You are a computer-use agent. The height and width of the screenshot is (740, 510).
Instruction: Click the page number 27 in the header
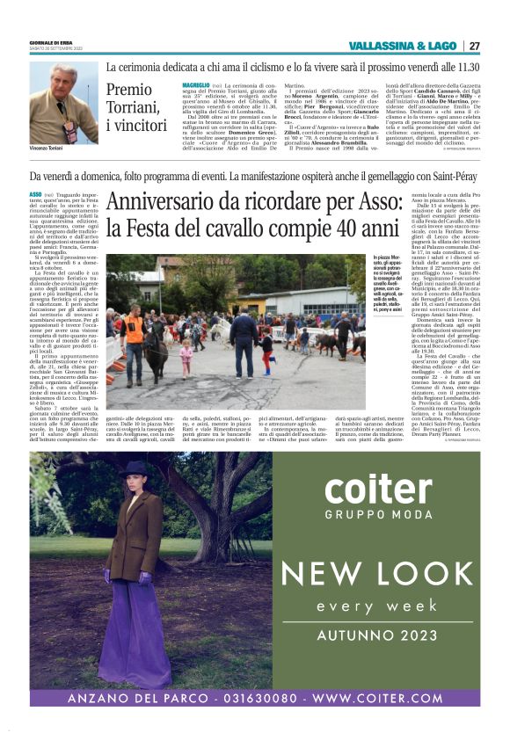[474, 46]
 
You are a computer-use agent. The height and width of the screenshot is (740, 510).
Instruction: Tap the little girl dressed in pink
[186, 359]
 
